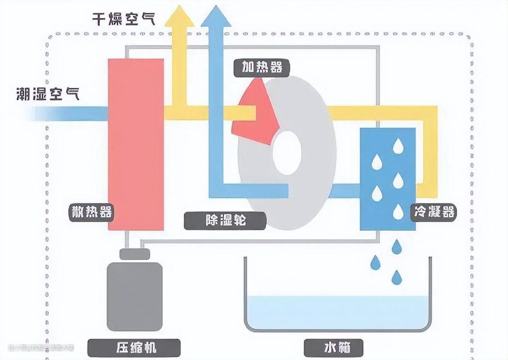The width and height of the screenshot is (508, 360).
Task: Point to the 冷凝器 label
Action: pyautogui.click(x=435, y=212)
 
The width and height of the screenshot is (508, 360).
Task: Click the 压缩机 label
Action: pyautogui.click(x=135, y=347)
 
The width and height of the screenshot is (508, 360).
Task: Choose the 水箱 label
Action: pyautogui.click(x=337, y=347)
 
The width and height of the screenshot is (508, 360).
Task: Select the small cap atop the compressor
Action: pyautogui.click(x=135, y=254)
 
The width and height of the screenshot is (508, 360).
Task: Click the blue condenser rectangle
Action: pyautogui.click(x=388, y=179)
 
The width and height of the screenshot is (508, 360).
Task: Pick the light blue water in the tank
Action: pyautogui.click(x=337, y=312)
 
